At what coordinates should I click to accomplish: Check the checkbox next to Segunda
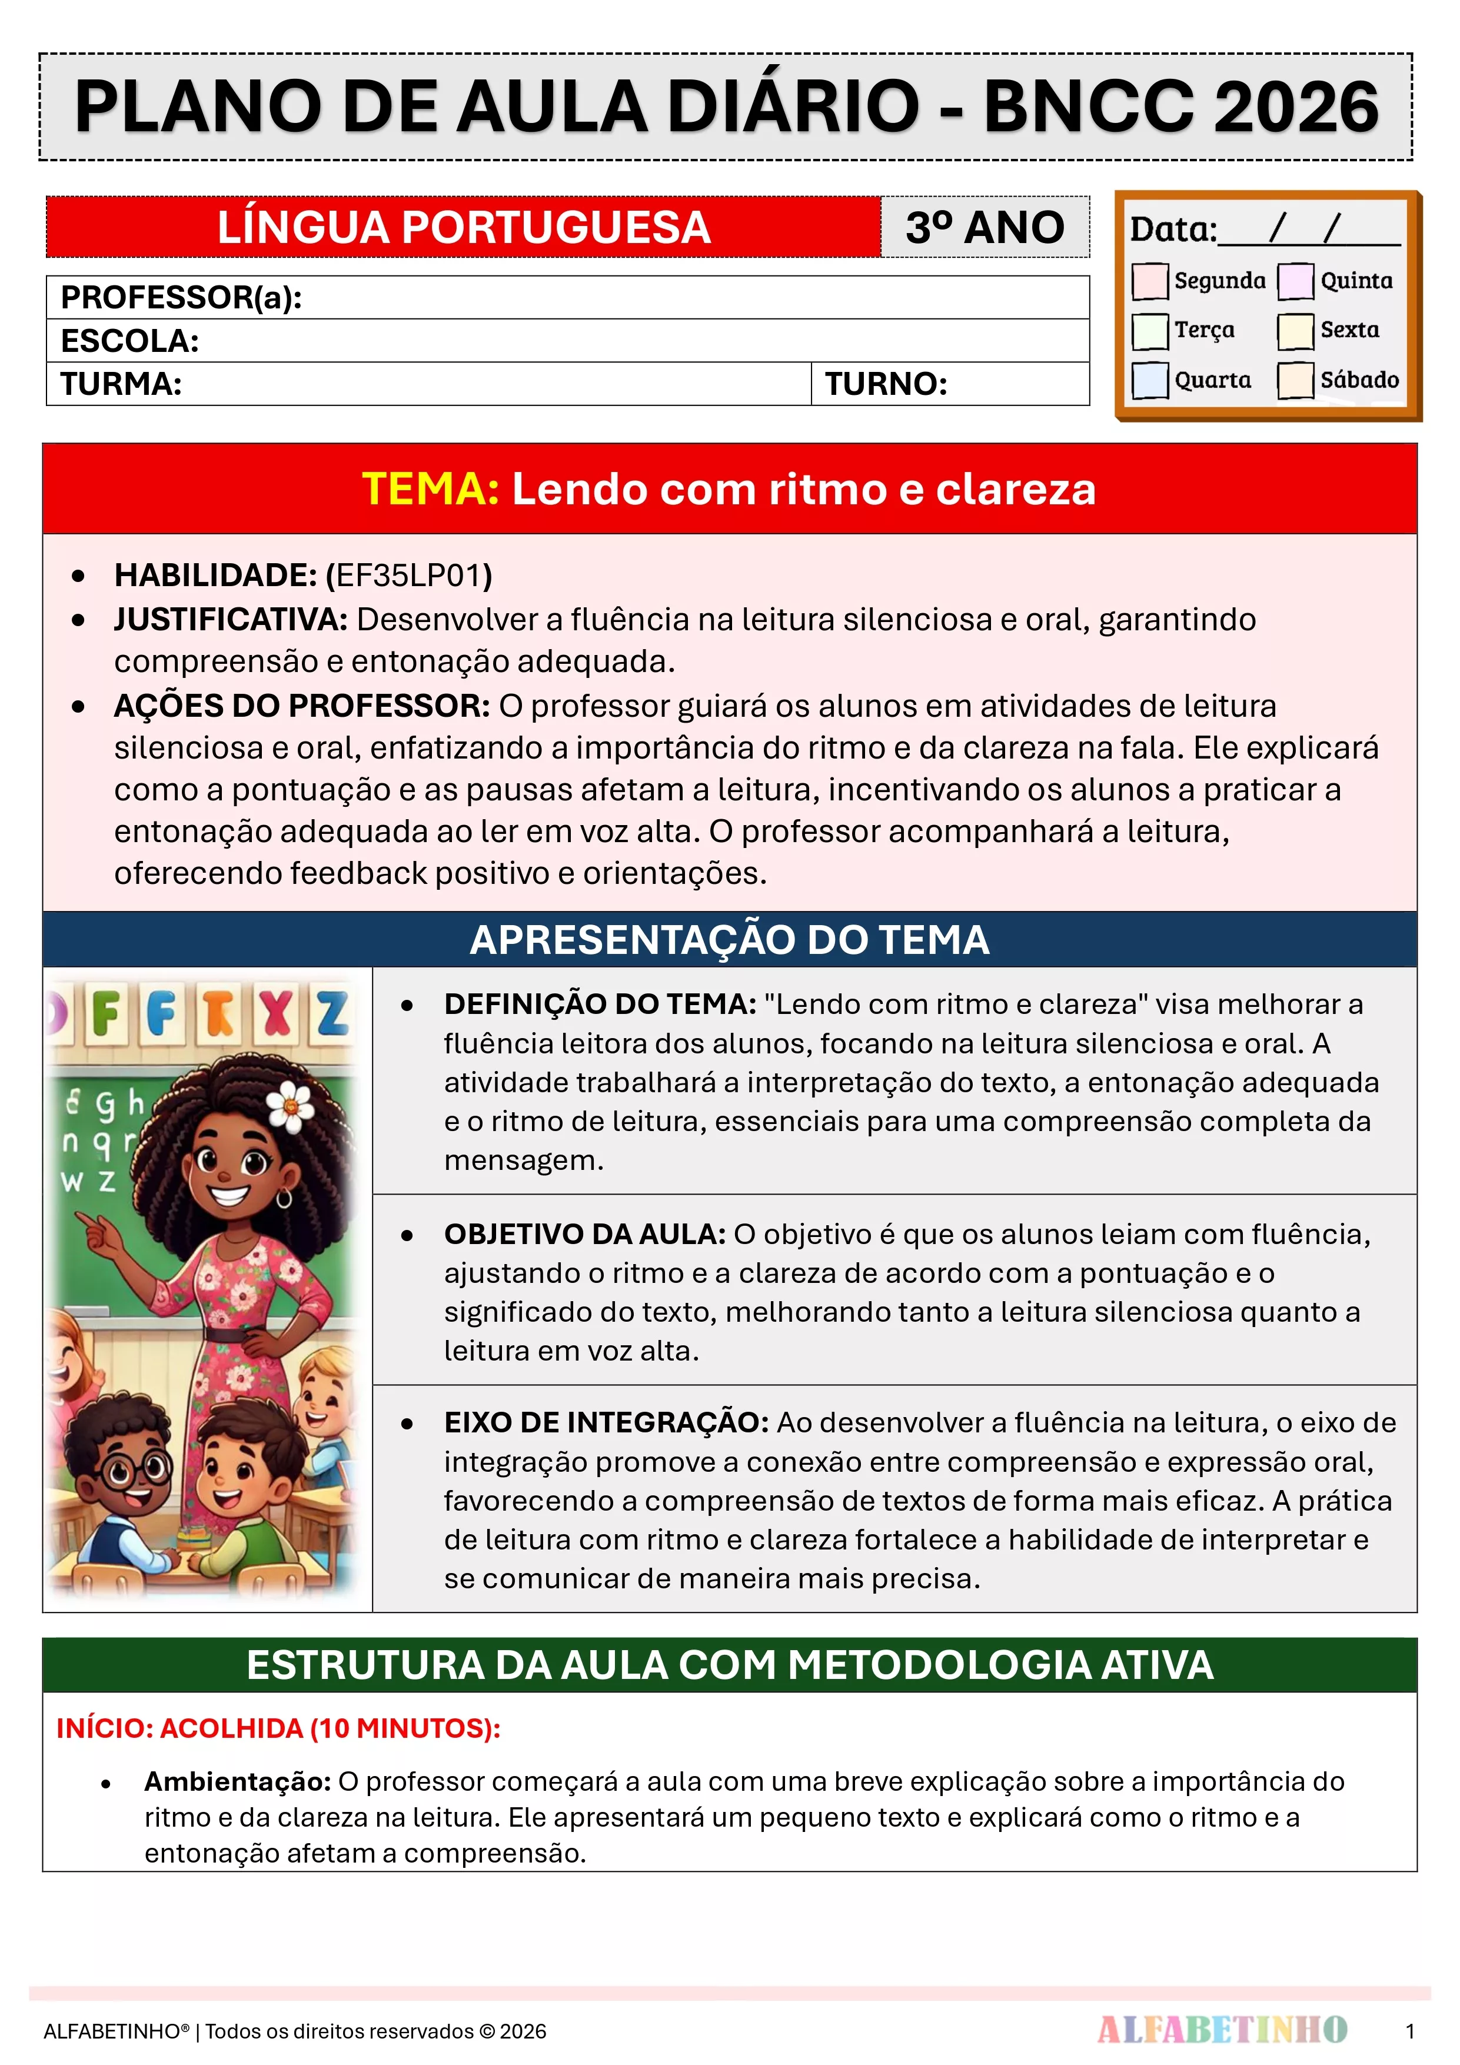pos(1150,281)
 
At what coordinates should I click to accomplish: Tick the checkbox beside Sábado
pos(1295,380)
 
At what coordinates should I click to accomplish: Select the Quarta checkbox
pos(1150,380)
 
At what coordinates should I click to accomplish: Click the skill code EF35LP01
pos(410,576)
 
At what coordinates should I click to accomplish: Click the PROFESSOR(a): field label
pos(181,298)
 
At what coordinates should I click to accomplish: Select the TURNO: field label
pos(886,385)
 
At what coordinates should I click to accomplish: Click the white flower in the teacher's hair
pos(290,1105)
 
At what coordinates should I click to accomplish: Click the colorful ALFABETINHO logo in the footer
pos(1222,2030)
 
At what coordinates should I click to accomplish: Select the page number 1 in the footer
pos(1409,2031)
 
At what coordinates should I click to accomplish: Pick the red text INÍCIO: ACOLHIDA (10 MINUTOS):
pos(278,1728)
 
